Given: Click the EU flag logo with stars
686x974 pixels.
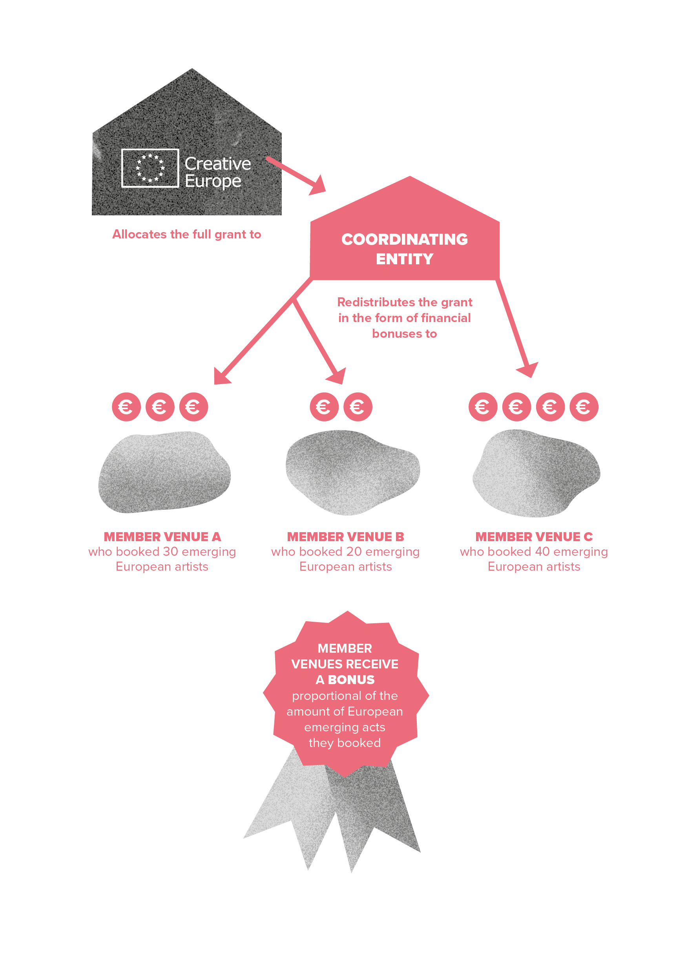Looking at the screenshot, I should (150, 168).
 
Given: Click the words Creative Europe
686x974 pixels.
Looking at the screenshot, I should (217, 172).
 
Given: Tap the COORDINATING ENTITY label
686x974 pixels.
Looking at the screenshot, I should (405, 249).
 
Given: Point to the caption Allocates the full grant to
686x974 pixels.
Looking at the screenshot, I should (186, 234).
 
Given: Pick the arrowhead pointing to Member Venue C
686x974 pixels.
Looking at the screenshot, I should (528, 370).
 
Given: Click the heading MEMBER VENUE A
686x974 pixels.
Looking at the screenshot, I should (162, 536).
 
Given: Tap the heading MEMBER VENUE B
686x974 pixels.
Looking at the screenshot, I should (345, 536).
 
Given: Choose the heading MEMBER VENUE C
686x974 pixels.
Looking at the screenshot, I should (534, 536).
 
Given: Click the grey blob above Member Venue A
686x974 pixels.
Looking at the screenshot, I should (164, 472).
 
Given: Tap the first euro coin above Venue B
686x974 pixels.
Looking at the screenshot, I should (324, 407).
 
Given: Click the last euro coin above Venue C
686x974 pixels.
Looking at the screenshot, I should (584, 407).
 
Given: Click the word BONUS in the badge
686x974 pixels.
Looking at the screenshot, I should (351, 679).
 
